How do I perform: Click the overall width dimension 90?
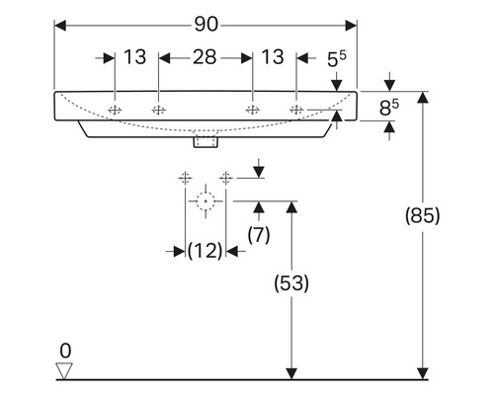tap(206, 25)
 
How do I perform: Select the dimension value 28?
tap(205, 57)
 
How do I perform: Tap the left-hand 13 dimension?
tap(135, 57)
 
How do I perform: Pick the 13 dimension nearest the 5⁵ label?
tap(273, 57)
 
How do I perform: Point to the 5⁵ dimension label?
tap(337, 59)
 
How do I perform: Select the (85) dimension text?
tap(422, 216)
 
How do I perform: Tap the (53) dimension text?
tap(291, 283)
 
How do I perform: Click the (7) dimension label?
tap(259, 235)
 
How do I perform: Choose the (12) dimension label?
tap(205, 251)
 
